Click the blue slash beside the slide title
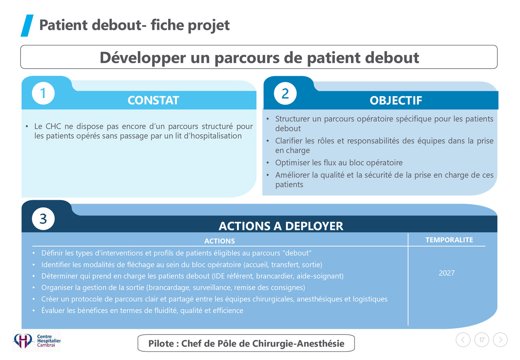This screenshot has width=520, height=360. coord(27,26)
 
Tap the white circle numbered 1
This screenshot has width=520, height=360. coord(43,93)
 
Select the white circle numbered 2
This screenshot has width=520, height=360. coord(285,93)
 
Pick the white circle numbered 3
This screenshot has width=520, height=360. coord(43,219)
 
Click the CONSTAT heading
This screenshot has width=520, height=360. coord(153,101)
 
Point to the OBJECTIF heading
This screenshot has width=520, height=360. coord(396,101)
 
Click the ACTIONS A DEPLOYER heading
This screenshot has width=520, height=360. coord(281,226)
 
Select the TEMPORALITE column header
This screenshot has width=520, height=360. coord(449,240)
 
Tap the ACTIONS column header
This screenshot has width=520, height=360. coord(220,241)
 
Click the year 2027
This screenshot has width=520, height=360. coord(447,273)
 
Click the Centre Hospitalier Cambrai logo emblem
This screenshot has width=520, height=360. coord(23,341)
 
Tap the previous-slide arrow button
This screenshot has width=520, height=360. coord(463,340)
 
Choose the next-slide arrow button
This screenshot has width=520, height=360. coord(500,340)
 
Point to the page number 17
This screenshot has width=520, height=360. coord(482,340)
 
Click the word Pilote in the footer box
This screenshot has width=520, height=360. coord(161,344)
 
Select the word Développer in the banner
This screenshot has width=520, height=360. coord(143,58)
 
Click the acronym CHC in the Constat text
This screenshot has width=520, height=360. coord(53,126)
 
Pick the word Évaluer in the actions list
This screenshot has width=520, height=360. coord(53,310)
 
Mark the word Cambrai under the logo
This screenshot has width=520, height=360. coord(46,345)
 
